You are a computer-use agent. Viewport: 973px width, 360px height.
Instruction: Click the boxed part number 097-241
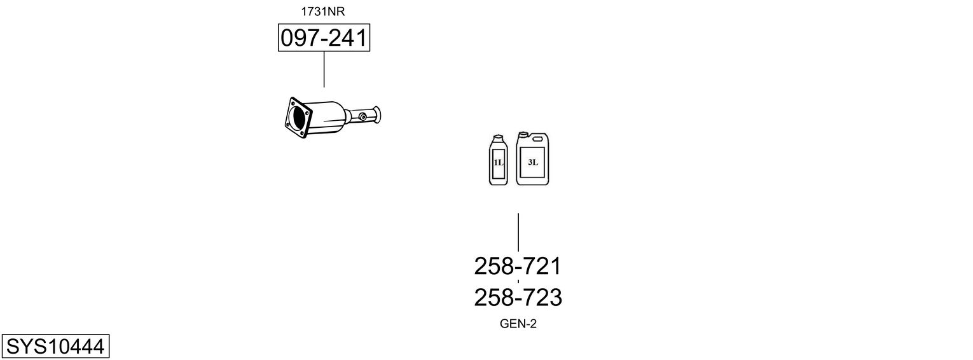(324, 38)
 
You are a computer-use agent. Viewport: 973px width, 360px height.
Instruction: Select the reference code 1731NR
(324, 11)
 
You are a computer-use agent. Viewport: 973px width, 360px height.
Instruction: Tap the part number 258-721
(518, 266)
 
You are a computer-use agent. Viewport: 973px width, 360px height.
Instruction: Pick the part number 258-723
(518, 297)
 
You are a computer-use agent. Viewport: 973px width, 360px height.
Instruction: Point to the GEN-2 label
(518, 324)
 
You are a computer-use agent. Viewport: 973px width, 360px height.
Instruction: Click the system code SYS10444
(55, 347)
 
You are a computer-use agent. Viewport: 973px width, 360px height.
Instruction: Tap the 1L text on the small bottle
(498, 163)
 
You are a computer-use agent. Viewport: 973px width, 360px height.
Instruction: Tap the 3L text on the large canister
(532, 162)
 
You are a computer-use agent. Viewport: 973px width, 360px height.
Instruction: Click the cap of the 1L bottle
(498, 138)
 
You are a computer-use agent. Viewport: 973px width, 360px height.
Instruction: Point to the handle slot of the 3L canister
(538, 137)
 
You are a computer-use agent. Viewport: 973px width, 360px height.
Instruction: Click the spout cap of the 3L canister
(523, 134)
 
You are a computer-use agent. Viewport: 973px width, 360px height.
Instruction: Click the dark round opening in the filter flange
(298, 118)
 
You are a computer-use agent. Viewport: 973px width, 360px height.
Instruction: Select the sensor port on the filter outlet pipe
(362, 116)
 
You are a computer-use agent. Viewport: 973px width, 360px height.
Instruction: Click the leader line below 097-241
(324, 69)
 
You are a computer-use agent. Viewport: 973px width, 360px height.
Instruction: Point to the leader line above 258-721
(518, 232)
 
